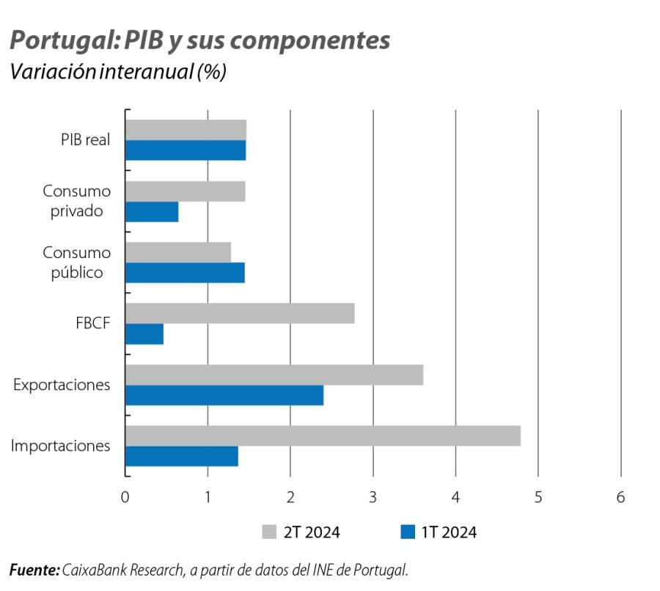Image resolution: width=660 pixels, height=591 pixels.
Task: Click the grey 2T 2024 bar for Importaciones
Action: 323,436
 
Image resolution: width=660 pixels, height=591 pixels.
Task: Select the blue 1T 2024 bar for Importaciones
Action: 182,456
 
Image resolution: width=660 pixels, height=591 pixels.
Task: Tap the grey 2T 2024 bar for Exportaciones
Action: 274,375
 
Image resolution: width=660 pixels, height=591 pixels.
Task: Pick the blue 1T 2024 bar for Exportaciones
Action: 224,395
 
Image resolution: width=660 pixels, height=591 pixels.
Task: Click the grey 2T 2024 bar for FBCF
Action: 240,313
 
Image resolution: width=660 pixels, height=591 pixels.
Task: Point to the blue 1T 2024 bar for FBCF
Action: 144,334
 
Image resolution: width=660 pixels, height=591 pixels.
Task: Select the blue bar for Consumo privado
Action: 152,212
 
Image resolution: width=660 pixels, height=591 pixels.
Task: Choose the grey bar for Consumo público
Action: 178,252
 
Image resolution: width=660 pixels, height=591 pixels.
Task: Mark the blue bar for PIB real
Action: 186,150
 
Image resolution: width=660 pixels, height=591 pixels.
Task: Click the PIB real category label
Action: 85,140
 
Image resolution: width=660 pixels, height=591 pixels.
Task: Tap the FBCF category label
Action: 93,323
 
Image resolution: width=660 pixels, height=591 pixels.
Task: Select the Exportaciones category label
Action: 62,384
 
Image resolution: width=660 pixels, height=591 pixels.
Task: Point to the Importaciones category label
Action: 61,445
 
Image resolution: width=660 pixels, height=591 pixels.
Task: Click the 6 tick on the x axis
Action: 620,497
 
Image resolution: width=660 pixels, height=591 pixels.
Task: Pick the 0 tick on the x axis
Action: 125,497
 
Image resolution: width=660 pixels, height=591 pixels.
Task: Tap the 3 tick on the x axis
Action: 373,497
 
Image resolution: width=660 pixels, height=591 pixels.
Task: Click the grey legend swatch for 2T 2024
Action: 269,532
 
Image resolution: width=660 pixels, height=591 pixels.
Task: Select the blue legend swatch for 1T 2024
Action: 408,532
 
